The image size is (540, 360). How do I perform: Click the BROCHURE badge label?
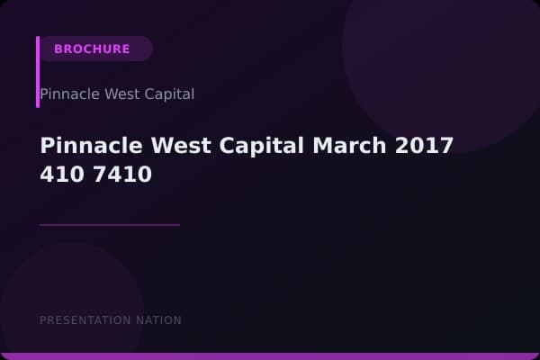point(92,49)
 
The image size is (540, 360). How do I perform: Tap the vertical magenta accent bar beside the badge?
point(38,72)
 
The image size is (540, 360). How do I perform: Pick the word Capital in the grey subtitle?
point(166,94)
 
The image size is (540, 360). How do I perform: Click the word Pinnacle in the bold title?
point(85,146)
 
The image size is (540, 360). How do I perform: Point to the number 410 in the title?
point(59,175)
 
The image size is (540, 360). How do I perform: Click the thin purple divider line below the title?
point(110,225)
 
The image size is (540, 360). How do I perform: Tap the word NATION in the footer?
point(157,320)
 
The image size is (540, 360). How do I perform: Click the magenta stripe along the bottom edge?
point(270,356)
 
